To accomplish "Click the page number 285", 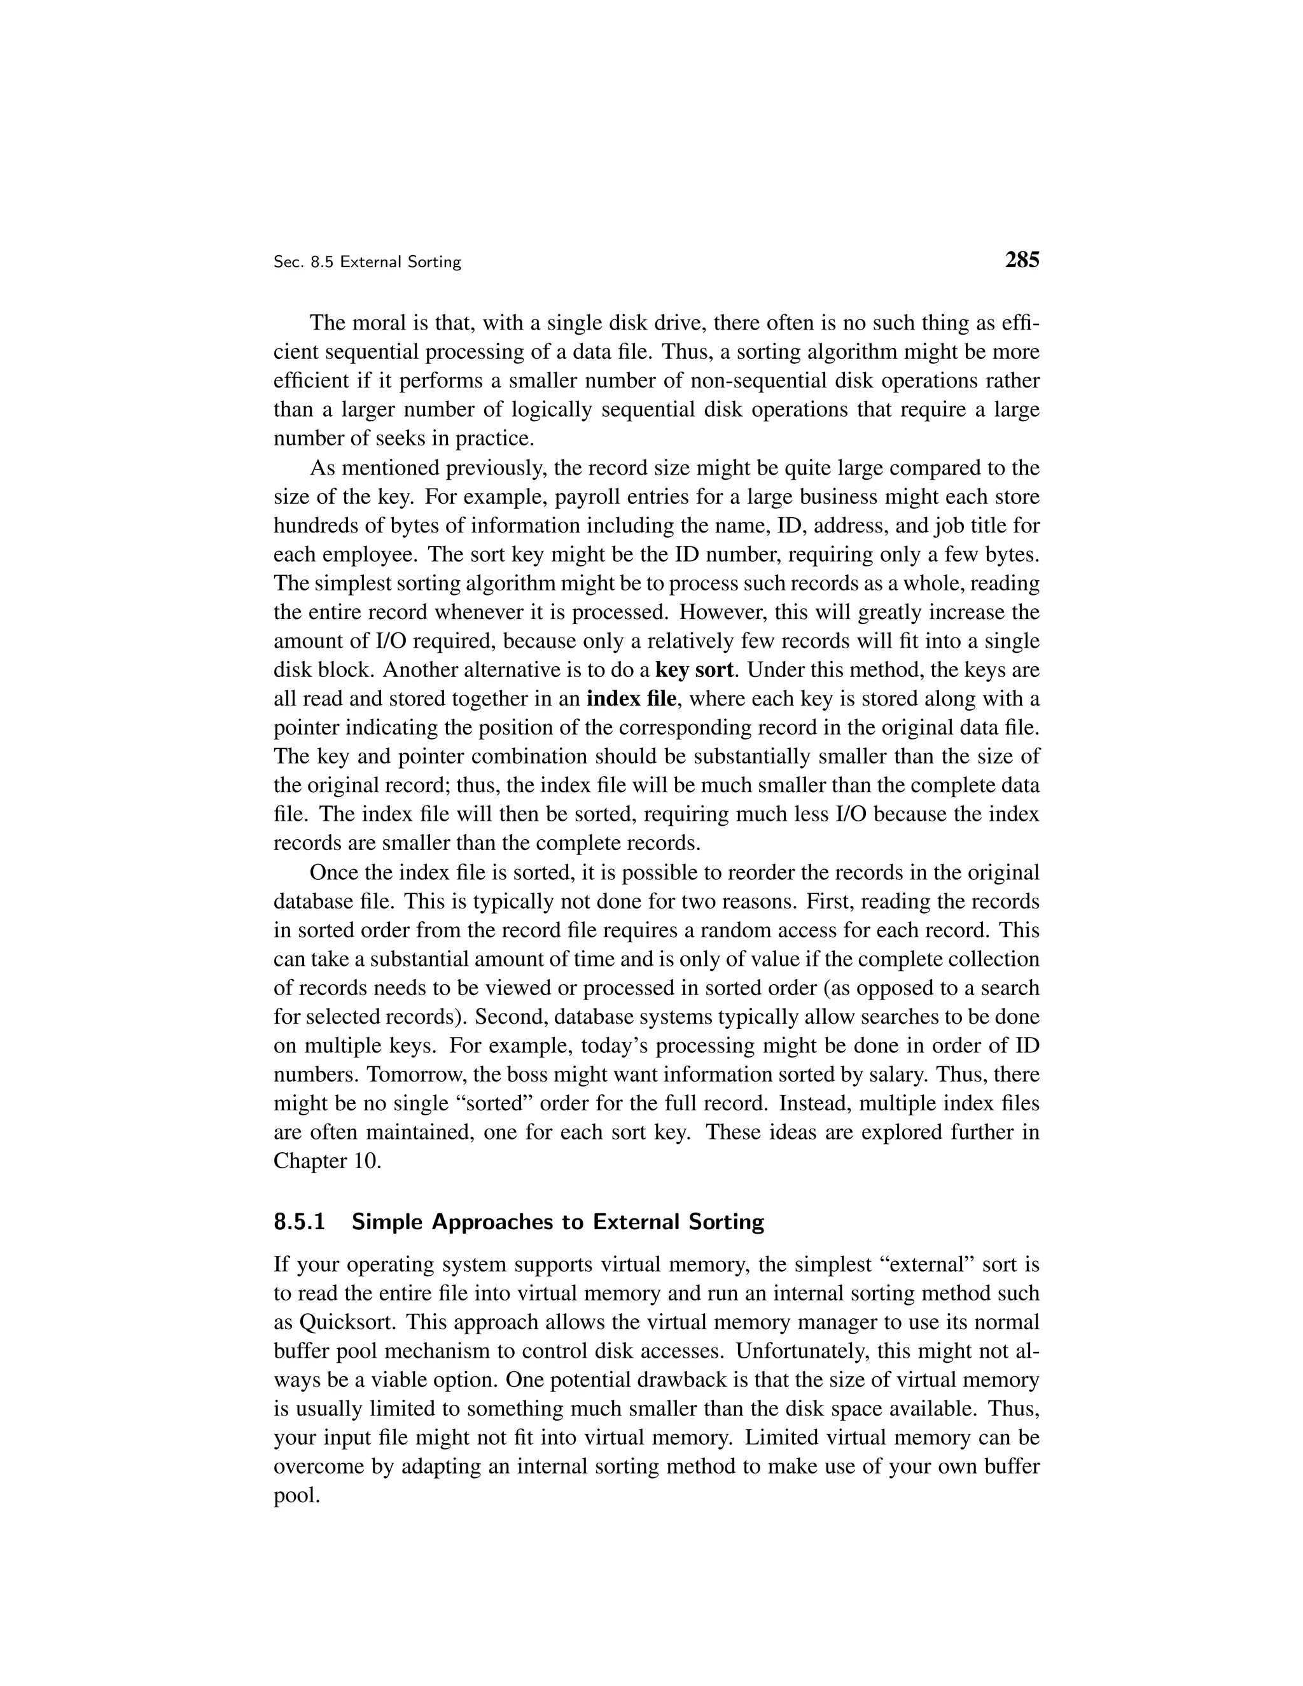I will pos(1022,260).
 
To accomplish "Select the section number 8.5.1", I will pos(300,1222).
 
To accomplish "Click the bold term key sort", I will pos(693,669).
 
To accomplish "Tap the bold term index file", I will pos(631,699).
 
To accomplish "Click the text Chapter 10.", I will pos(327,1161).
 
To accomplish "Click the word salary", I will pos(948,1075).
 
